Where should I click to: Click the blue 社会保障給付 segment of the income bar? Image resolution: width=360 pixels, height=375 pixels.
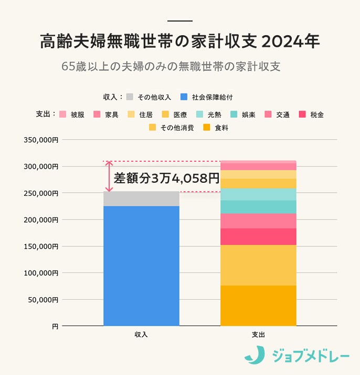pos(141,265)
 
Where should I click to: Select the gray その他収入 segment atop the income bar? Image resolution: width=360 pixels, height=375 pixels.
pos(141,199)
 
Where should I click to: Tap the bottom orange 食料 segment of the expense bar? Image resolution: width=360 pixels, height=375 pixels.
pos(258,305)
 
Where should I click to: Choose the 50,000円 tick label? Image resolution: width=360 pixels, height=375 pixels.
pos(43,300)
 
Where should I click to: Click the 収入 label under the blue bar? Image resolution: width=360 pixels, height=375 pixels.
pos(141,334)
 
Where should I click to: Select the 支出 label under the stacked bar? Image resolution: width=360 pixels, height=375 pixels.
pos(258,334)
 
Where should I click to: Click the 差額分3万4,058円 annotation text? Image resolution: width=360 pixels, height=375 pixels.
pos(166,178)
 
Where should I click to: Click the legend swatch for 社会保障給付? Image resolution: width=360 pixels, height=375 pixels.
pos(184,97)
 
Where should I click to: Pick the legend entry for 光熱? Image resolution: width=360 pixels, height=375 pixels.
pos(208,114)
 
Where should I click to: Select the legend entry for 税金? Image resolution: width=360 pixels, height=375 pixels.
pos(311,114)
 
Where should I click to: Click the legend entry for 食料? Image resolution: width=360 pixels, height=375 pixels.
pos(215,128)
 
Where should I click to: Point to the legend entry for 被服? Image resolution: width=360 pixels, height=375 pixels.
pos(72,114)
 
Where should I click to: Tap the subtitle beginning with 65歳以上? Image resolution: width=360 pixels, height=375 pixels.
pos(171,67)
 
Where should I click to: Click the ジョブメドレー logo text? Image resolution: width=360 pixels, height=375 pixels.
pos(310,357)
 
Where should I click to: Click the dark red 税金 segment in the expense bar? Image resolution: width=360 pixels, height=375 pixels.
pos(258,236)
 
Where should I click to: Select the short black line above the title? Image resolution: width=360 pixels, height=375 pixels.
pos(180,20)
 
